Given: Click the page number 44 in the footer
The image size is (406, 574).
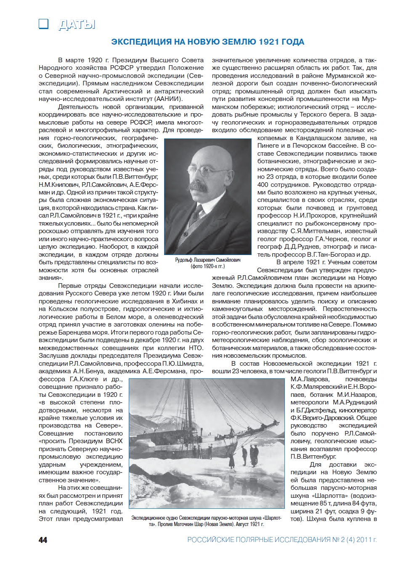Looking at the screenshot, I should click(43, 540).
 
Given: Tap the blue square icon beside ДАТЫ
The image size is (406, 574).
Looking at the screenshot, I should click(43, 24).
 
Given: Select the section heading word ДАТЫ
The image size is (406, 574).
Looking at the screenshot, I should click(77, 25).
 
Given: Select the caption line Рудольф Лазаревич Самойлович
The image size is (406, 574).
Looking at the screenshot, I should click(208, 260).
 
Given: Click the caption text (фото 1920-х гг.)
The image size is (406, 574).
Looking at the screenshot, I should click(208, 266).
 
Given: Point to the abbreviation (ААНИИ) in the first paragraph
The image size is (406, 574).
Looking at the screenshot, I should click(169, 99).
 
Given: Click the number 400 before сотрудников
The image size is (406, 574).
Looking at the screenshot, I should click(263, 185).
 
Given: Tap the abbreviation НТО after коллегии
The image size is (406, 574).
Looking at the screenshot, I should click(196, 348).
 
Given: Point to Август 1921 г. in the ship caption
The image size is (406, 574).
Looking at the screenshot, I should click(250, 524).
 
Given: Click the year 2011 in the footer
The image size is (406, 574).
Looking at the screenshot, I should click(364, 540).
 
